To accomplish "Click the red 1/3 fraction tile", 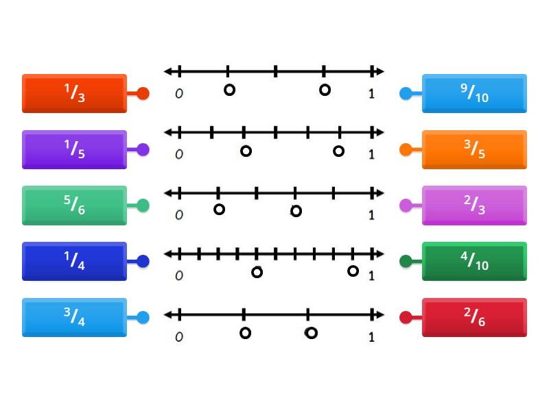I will (x=74, y=93).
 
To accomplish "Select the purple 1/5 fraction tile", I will (x=74, y=149).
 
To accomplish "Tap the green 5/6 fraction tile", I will (x=74, y=206).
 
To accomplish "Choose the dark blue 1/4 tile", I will (x=74, y=261).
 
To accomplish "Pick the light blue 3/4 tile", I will (x=74, y=317).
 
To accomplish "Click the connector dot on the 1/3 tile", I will (x=143, y=94).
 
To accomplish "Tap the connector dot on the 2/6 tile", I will (x=406, y=317).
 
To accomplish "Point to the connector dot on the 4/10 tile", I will (x=406, y=261).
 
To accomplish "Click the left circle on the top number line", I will (x=229, y=90).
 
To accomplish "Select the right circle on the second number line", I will (x=338, y=151).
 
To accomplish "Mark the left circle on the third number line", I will (x=219, y=209).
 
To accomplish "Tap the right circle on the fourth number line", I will (x=353, y=271).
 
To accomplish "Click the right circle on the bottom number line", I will (x=311, y=333).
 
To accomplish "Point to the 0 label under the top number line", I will (x=179, y=94).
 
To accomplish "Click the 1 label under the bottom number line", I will (x=371, y=337).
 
